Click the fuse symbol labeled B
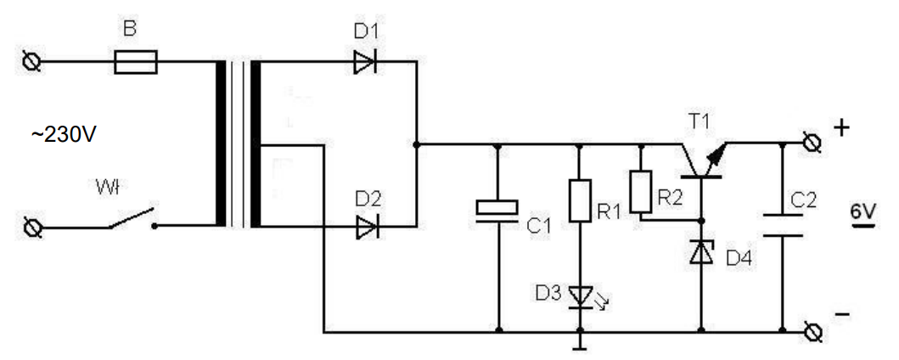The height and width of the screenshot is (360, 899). click(135, 62)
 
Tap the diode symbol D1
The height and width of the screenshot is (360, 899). click(366, 62)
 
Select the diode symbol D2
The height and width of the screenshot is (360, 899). click(366, 227)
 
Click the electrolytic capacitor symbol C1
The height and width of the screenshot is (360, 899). click(497, 209)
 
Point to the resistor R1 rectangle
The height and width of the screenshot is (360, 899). click(579, 200)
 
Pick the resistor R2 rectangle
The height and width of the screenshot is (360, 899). click(641, 193)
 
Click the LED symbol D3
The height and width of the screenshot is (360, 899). click(580, 296)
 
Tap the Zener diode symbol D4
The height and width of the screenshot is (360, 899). click(702, 251)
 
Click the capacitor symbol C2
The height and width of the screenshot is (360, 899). click(782, 222)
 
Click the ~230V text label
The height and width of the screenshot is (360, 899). click(65, 135)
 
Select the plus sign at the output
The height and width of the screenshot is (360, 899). click(841, 128)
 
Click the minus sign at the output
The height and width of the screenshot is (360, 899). click(842, 314)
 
